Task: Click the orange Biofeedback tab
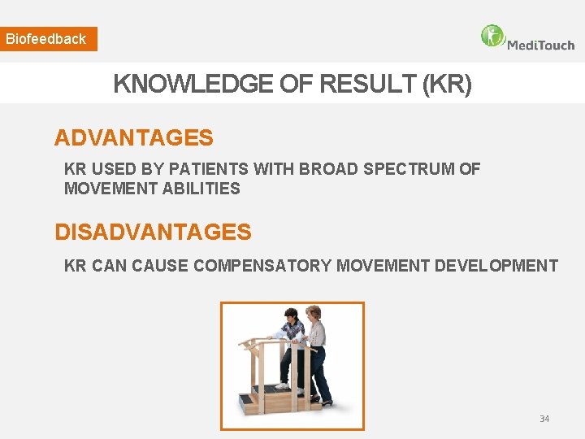[48, 39]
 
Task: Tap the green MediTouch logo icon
[492, 36]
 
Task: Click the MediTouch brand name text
[540, 45]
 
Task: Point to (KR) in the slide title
[446, 84]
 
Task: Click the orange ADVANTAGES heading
[133, 138]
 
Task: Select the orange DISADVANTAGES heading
[153, 233]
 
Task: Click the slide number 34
[544, 419]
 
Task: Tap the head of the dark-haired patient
[290, 315]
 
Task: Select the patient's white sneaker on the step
[282, 385]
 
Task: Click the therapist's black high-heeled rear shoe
[326, 401]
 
